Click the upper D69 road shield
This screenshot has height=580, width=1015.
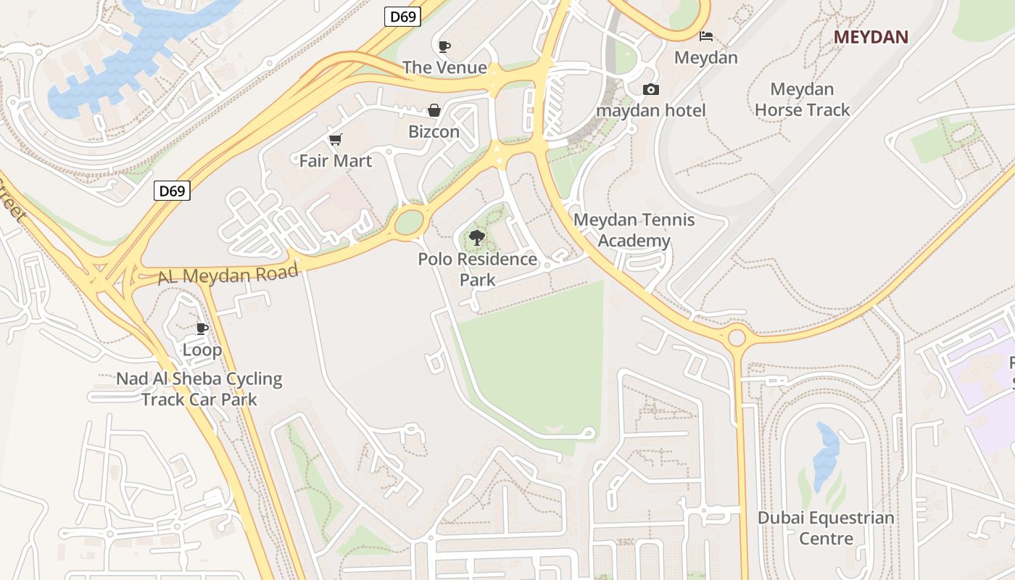point(402,16)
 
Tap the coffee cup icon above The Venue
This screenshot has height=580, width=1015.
point(444,47)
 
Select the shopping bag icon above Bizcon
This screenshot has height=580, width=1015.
point(434,110)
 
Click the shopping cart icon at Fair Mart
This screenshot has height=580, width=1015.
point(335,139)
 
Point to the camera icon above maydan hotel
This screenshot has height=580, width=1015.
point(651,90)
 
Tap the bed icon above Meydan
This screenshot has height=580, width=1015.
point(705,36)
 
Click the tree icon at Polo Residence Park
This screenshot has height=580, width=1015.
point(477,237)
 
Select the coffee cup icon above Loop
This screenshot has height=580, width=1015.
point(202,328)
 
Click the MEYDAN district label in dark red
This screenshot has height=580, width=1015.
point(871,37)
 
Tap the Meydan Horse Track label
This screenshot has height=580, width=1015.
point(802,99)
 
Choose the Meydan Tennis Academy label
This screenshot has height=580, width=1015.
point(634,230)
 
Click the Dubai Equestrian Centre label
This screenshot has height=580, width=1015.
point(826,528)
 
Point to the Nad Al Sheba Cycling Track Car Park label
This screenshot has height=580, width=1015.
point(199,389)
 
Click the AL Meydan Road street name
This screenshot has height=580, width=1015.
point(228,274)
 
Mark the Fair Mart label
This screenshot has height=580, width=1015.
point(336,161)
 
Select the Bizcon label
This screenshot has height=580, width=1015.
point(434,132)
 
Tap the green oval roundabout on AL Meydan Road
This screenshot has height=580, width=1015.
point(409,222)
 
